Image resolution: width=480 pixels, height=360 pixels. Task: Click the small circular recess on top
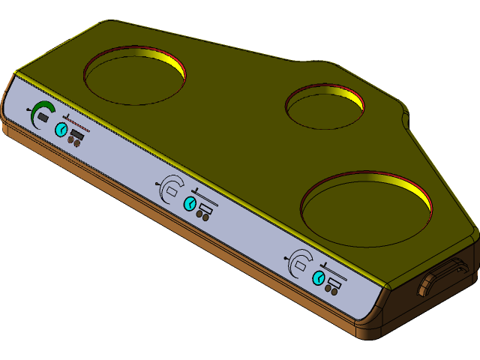click(325, 107)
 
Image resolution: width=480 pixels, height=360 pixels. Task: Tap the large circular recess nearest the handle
click(366, 210)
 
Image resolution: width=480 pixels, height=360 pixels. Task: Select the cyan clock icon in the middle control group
click(190, 204)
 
